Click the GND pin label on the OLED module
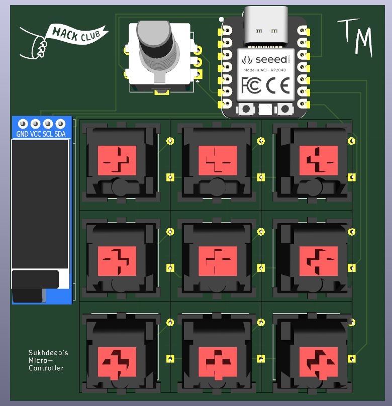23,134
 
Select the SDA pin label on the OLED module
60,134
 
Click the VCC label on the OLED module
35,134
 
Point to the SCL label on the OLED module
48,134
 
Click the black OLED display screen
40,204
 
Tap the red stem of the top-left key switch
117,160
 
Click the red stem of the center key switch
218,261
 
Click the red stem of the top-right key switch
318,160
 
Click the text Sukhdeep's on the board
48,353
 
